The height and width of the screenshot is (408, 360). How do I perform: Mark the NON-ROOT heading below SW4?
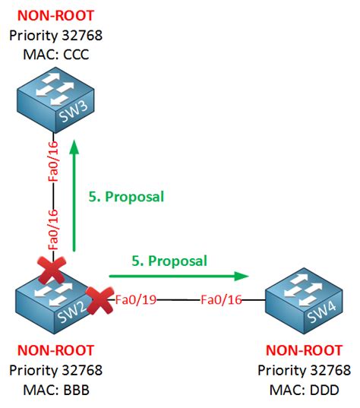tap(303, 352)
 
